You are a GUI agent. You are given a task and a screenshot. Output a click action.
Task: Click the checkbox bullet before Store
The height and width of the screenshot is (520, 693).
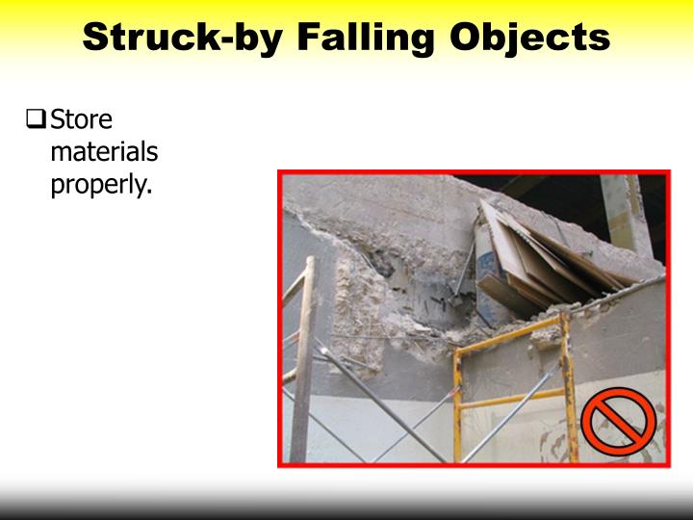[x=36, y=121]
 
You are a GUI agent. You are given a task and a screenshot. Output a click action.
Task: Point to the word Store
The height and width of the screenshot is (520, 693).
[x=81, y=120]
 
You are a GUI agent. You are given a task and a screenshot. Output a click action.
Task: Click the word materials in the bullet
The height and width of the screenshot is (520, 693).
[x=103, y=152]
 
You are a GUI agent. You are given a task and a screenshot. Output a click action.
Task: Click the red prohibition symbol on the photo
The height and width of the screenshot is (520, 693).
[x=618, y=420]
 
